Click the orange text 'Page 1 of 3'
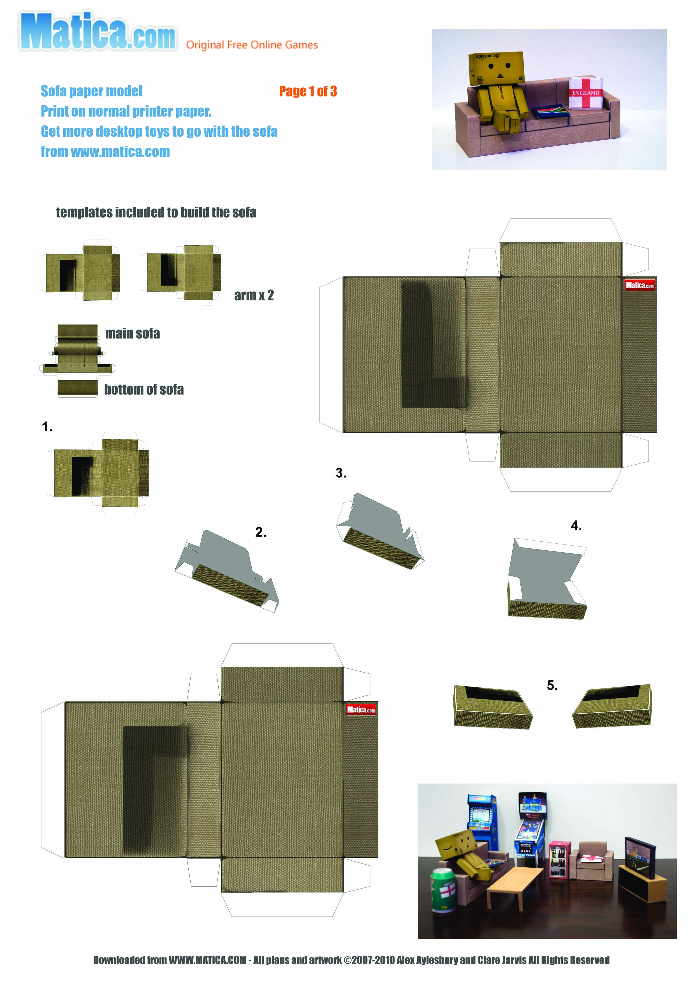point(308,91)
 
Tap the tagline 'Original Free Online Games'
point(252,45)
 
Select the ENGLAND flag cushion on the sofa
point(586,93)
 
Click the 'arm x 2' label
point(254,295)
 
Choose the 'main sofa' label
point(133,333)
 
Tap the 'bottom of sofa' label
point(144,389)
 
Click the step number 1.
point(47,427)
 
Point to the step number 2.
point(260,532)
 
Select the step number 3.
point(341,473)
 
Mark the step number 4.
point(576,526)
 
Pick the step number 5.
point(552,685)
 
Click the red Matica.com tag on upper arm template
point(639,285)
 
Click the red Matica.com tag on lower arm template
point(361,710)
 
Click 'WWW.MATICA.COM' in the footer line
point(208,960)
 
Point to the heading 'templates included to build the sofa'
point(156,212)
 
